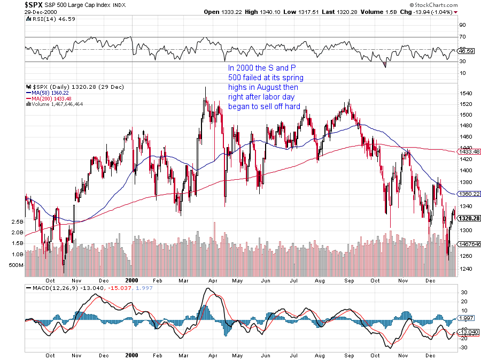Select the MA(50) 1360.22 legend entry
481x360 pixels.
point(51,92)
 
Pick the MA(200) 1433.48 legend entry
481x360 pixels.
point(52,98)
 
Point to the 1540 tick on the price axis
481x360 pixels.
point(466,93)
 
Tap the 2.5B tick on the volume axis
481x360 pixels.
point(18,221)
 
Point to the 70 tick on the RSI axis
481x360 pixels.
point(463,37)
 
